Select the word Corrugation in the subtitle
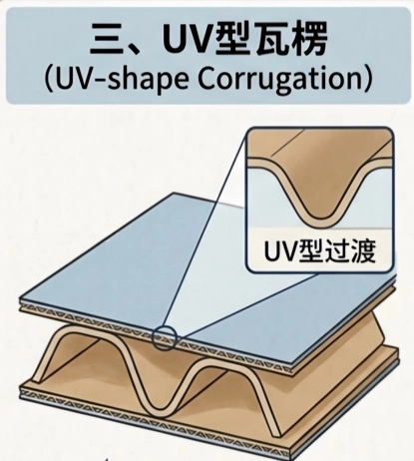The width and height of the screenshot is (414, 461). coord(279,79)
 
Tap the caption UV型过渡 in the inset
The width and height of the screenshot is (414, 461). coord(320,250)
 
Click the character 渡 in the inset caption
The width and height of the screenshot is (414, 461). coord(362,250)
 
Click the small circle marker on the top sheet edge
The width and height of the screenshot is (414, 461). coord(164,337)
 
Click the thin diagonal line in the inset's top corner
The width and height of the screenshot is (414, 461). coord(288,144)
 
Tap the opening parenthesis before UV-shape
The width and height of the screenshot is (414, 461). coord(49,80)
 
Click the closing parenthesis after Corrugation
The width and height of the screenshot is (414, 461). coord(367,80)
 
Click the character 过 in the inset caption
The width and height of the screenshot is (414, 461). coord(333,250)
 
